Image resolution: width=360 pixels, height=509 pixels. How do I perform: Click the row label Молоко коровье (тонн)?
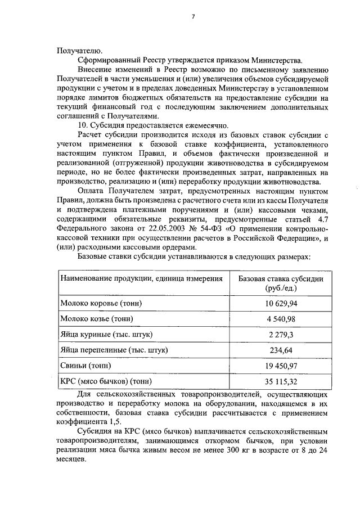(x=101, y=304)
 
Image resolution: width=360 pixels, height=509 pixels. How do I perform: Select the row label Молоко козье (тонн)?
(x=97, y=319)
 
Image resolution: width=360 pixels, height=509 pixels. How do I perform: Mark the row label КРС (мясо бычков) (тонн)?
(x=108, y=381)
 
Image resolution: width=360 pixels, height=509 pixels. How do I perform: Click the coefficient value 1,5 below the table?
(x=121, y=421)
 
